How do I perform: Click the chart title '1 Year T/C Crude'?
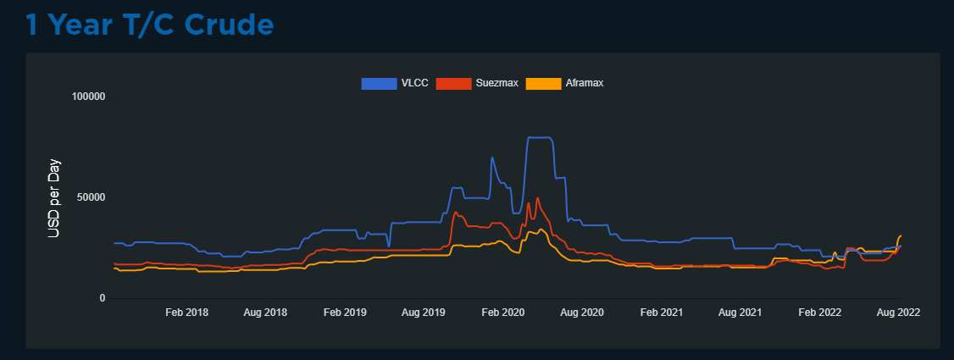(149, 25)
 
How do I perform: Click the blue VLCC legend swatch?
(379, 83)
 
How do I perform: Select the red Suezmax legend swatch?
(453, 83)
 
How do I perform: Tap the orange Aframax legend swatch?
(544, 83)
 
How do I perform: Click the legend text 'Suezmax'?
(496, 83)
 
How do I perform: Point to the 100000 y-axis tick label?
(87, 97)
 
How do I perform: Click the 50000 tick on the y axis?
(90, 197)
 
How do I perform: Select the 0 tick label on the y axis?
(103, 298)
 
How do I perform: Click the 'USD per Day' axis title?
(54, 197)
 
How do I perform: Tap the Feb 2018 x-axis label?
(186, 313)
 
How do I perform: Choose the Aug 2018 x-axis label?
(265, 313)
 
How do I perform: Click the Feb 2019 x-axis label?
(345, 313)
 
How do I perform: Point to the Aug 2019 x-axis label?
(424, 313)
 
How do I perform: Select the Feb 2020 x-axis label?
(503, 313)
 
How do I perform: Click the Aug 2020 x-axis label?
(582, 313)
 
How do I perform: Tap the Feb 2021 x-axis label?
(662, 313)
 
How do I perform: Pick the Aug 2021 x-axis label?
(740, 313)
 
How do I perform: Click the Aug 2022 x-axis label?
(898, 313)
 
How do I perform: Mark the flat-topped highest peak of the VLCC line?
(540, 137)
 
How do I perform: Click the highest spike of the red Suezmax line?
(537, 198)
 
